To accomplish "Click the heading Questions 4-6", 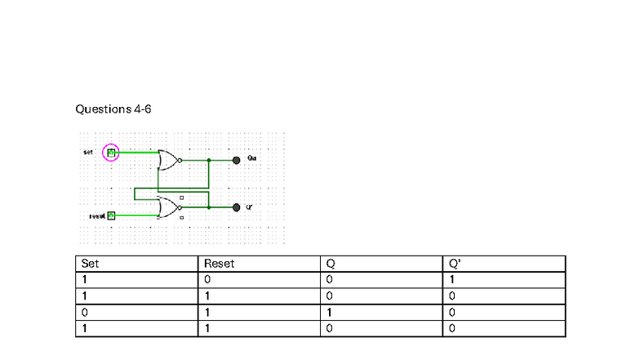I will point(113,109).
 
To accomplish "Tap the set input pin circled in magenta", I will point(111,152).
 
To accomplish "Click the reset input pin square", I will point(112,216).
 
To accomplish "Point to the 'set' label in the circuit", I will point(88,152).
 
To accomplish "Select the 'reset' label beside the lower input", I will point(97,216).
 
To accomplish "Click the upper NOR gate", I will point(169,160).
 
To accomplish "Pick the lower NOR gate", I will point(169,207).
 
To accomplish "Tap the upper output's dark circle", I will point(237,160).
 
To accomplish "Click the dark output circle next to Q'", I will point(237,207).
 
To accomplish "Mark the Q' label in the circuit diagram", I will point(249,207).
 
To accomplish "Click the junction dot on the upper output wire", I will point(209,160).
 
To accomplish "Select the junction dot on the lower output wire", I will point(209,207).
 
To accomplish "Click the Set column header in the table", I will point(90,264).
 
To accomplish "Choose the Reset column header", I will point(219,264).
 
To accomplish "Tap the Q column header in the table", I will point(331,264).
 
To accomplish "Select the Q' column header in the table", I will point(455,264).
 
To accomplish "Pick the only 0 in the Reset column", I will point(207,280).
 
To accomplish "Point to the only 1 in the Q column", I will point(329,312).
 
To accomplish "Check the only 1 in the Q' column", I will point(452,280).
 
